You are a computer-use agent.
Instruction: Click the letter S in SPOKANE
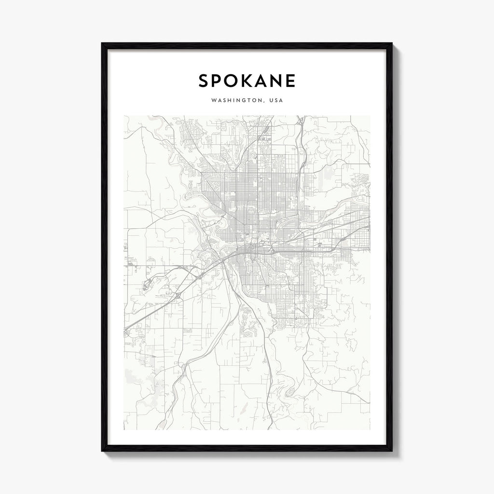(204, 81)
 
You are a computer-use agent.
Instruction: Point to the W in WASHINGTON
(213, 101)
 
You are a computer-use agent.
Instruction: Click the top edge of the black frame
(247, 46)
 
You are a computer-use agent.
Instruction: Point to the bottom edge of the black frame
(247, 448)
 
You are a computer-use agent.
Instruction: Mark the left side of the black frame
(104, 247)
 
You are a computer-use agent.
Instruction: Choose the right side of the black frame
(389, 247)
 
